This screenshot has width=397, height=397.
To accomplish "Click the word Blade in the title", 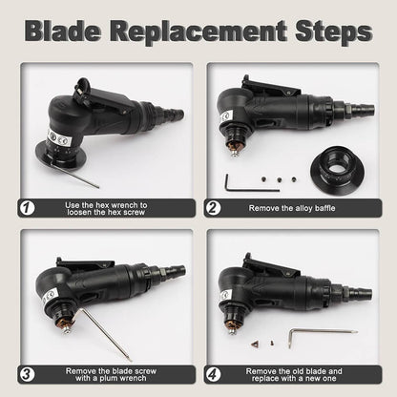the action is [x=63, y=31].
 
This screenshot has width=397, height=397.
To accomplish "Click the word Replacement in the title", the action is [x=198, y=31].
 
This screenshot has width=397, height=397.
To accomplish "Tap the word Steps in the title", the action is [x=334, y=32].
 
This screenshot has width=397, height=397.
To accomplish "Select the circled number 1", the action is [x=27, y=208].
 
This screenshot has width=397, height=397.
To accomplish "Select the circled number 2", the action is [x=213, y=208].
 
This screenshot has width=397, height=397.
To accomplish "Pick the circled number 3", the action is [x=27, y=374].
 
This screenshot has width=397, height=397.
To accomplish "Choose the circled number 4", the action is [x=213, y=374].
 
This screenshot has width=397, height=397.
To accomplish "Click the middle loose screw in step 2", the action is [x=280, y=179].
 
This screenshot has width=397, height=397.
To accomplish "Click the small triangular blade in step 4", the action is [x=255, y=344].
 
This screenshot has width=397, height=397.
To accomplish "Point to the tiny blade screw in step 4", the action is [x=272, y=343].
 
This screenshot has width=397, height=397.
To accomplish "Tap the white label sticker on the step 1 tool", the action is [x=60, y=138].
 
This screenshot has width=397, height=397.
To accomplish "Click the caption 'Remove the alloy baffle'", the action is [x=292, y=208].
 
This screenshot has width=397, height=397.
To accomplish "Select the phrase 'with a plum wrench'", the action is [x=111, y=378].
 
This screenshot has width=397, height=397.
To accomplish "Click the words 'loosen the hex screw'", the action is [x=106, y=212].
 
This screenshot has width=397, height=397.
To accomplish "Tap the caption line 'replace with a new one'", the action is [x=294, y=379].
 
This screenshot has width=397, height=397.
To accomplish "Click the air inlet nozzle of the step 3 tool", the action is [x=174, y=271].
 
